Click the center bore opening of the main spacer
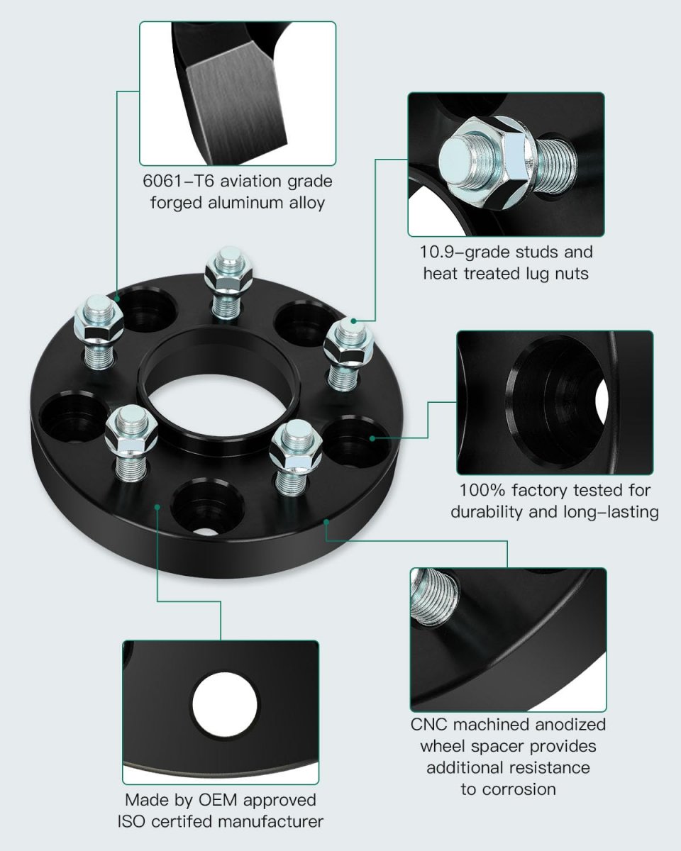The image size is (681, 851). click(x=218, y=407)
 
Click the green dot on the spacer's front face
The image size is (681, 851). click(x=157, y=506)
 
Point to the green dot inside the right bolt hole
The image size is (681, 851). click(x=372, y=438)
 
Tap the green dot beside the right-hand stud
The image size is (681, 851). click(x=354, y=321)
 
